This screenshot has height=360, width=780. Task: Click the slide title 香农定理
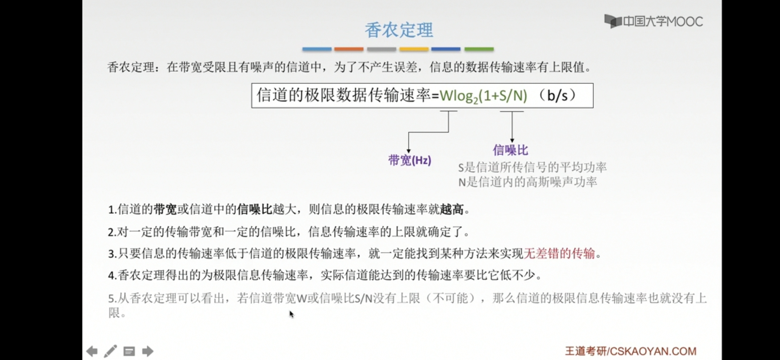point(399,30)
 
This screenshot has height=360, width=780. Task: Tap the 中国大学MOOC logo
point(653,22)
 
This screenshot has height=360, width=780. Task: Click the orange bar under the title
point(349,49)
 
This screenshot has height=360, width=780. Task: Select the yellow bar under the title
point(414,49)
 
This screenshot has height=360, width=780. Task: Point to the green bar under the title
point(479,49)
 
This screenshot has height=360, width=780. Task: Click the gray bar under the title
point(381,49)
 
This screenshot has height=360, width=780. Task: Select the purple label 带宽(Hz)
point(410,160)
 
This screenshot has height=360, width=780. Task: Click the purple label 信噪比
point(510,150)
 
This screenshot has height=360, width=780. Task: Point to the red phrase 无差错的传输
point(559,254)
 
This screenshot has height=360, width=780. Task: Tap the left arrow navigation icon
point(92,351)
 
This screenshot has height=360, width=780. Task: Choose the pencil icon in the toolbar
point(110,351)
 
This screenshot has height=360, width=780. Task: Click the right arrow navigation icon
point(148,351)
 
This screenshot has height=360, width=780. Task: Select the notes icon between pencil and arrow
point(129,351)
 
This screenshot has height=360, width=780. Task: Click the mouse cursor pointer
point(291,314)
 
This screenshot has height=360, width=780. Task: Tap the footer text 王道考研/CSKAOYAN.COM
point(630,351)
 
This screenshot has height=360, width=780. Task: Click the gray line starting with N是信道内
point(527,182)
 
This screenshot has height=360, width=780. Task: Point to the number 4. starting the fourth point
point(112,276)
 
